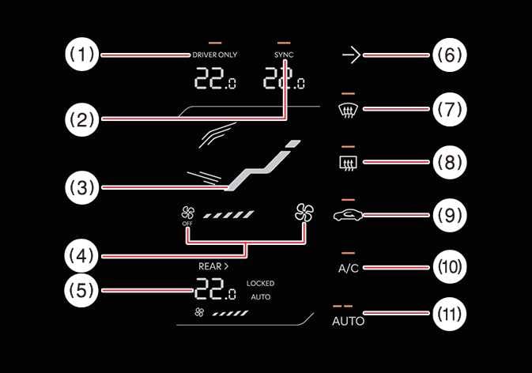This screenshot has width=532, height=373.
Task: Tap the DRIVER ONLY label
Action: (x=215, y=55)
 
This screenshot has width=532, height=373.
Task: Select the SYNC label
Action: (x=283, y=55)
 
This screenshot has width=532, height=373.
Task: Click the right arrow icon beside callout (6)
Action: (x=350, y=55)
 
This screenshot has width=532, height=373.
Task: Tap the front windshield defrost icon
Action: (x=348, y=109)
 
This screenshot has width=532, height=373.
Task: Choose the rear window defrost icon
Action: (x=348, y=163)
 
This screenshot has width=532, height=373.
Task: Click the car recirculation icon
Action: (x=348, y=214)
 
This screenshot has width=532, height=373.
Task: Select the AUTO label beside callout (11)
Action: (x=348, y=322)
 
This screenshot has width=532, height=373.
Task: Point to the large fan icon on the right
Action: (x=304, y=212)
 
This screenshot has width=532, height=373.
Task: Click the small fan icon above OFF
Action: (x=188, y=212)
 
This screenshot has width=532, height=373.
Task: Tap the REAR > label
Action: (x=213, y=266)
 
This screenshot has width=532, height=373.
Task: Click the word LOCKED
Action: (x=260, y=283)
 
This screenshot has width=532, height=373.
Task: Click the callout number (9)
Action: (x=450, y=214)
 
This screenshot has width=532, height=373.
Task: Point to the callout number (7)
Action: (x=450, y=108)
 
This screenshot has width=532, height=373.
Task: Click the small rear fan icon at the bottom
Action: (x=198, y=313)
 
